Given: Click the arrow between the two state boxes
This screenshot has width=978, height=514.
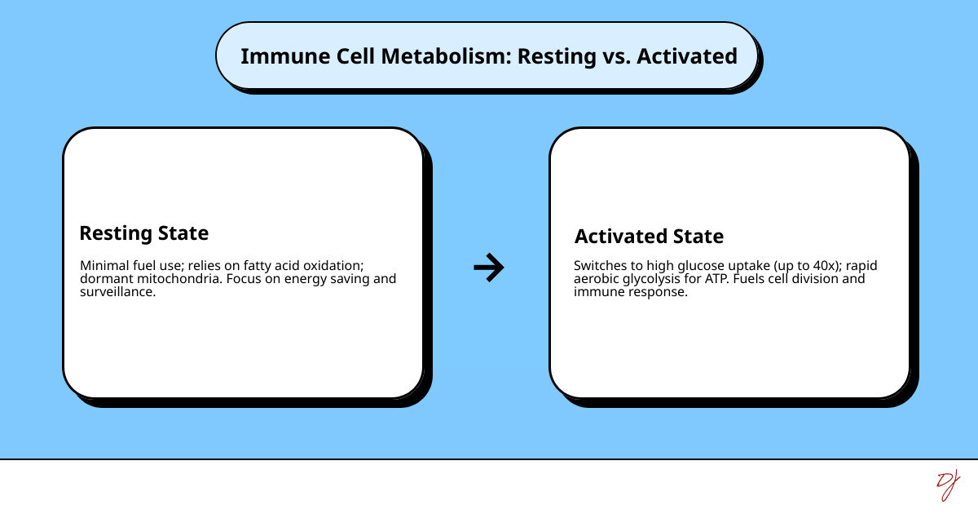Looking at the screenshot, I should (x=489, y=267).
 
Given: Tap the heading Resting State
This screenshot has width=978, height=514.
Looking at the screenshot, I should (x=143, y=233).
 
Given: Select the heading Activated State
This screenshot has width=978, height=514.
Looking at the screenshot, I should (x=649, y=237).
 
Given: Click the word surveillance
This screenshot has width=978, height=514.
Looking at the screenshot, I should (x=117, y=292).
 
